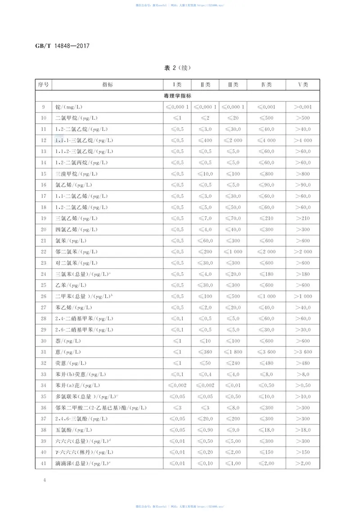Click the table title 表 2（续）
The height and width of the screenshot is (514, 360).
178,68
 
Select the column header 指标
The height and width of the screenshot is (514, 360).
108,85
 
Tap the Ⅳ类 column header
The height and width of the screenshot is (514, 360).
266,85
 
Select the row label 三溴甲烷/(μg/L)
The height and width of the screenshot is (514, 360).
76,174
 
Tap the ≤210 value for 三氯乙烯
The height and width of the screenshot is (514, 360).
266,218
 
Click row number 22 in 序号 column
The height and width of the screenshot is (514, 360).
44,252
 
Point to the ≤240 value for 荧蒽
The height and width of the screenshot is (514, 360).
233,363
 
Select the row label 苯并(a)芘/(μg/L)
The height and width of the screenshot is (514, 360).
77,385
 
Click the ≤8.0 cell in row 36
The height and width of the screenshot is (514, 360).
233,408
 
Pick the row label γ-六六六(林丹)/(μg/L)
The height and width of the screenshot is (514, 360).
84,452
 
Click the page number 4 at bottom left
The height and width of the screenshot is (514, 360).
44,480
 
